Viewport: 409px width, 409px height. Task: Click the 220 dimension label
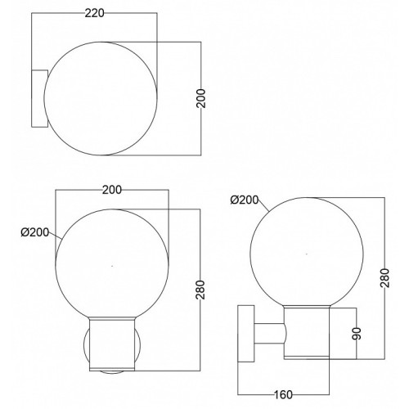pyautogui.click(x=95, y=13)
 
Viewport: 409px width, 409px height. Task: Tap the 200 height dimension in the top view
pyautogui.click(x=201, y=98)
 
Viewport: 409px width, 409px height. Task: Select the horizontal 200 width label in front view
pyautogui.click(x=112, y=190)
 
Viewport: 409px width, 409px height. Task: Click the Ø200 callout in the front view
pyautogui.click(x=35, y=232)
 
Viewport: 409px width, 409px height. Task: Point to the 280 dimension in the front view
pyautogui.click(x=200, y=290)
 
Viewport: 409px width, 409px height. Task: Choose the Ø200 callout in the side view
pyautogui.click(x=245, y=200)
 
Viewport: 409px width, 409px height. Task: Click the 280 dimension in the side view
pyautogui.click(x=384, y=278)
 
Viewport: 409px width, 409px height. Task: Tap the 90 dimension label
pyautogui.click(x=357, y=334)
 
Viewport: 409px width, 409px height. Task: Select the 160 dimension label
pyautogui.click(x=283, y=394)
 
